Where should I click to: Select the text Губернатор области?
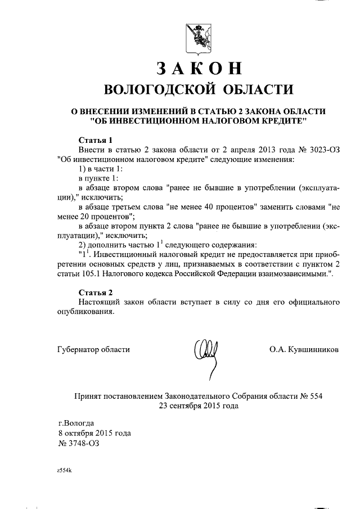(93, 349)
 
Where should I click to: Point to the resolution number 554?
(315, 396)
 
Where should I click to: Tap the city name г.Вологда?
(76, 423)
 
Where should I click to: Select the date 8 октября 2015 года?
(94, 433)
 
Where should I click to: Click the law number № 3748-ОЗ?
(80, 443)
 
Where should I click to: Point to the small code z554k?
(65, 469)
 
